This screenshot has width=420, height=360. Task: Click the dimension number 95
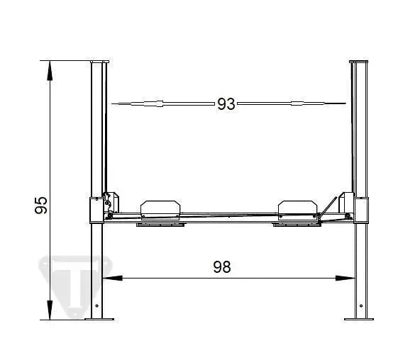(x=42, y=205)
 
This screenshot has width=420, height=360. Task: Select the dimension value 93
(x=226, y=104)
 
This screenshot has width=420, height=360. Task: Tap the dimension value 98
(x=222, y=267)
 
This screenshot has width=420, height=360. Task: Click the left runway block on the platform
(x=161, y=207)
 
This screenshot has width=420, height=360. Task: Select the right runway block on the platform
(x=297, y=207)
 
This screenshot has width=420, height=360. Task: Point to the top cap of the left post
(x=99, y=62)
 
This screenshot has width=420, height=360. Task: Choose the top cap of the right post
(x=360, y=62)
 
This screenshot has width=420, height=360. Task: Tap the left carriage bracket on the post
(x=96, y=210)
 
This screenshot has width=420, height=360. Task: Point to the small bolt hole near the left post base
(x=97, y=305)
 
